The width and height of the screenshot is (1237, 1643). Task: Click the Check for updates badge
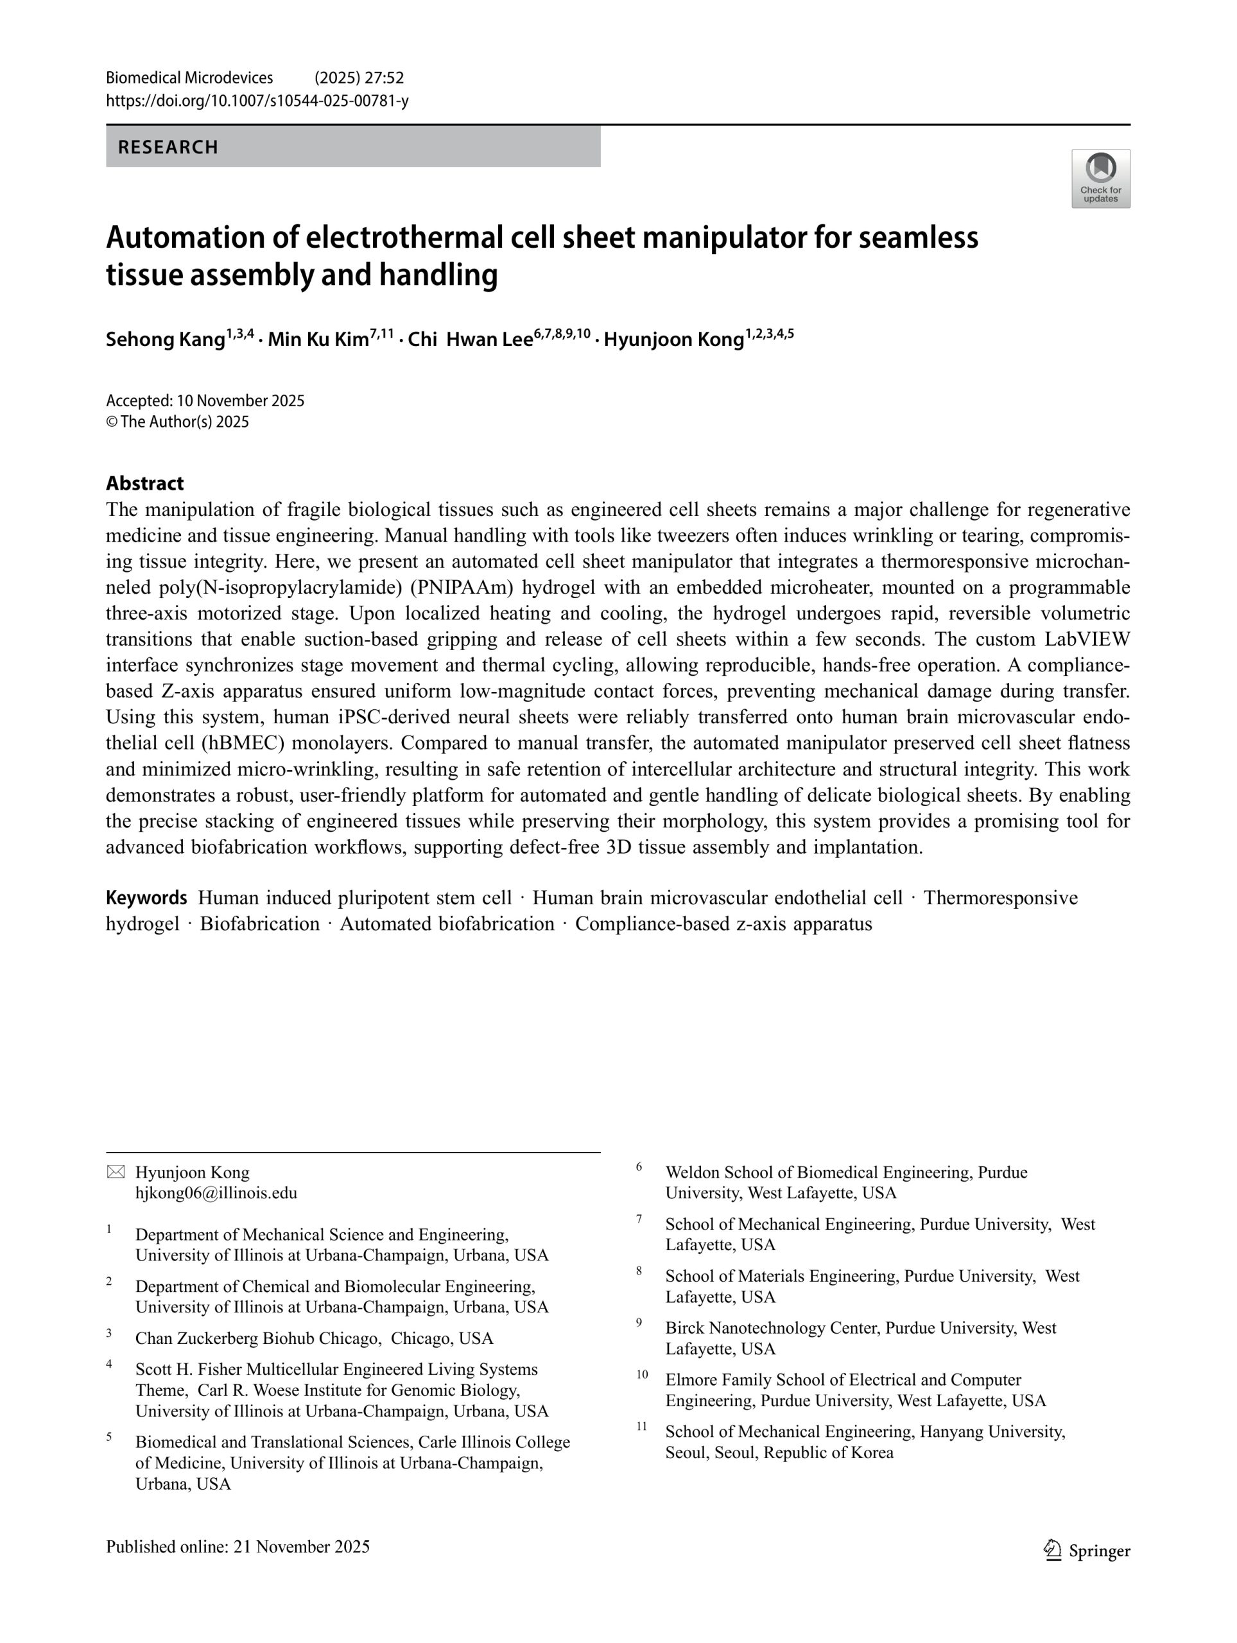(x=1100, y=178)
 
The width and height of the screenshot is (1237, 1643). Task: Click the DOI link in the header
(x=257, y=100)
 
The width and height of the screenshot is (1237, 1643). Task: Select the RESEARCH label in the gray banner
(x=168, y=147)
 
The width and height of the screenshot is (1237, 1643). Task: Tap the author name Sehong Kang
(x=165, y=340)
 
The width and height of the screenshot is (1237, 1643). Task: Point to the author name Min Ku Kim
(x=318, y=340)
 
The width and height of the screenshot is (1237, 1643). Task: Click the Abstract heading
(x=144, y=483)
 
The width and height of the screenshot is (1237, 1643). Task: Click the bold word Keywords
(x=146, y=897)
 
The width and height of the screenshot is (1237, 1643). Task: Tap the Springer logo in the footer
(x=1086, y=1550)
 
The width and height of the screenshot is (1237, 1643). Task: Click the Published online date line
(x=238, y=1547)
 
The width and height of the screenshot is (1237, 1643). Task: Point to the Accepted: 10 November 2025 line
(x=205, y=401)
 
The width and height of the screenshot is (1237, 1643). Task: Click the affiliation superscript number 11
(x=641, y=1425)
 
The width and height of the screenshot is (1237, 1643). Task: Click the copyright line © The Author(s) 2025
(x=178, y=422)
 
